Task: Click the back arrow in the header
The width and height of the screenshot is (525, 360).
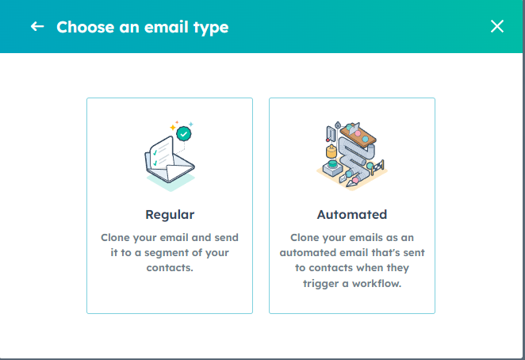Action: (x=37, y=26)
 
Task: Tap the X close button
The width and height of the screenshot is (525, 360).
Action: (x=497, y=26)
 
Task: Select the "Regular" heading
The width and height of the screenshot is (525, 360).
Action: (x=170, y=215)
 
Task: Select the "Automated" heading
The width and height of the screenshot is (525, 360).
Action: (x=352, y=214)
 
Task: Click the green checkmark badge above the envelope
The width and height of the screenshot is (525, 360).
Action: (x=183, y=134)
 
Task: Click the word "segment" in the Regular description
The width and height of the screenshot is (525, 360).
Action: (x=164, y=253)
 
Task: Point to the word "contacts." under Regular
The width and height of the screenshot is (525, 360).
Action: (x=170, y=268)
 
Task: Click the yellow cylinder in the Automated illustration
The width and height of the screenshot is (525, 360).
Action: (x=331, y=151)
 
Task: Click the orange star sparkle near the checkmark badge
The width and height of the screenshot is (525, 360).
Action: (x=173, y=128)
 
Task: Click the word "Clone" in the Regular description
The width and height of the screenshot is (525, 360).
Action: (x=115, y=237)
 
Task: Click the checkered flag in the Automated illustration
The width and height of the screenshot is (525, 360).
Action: (x=378, y=167)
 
